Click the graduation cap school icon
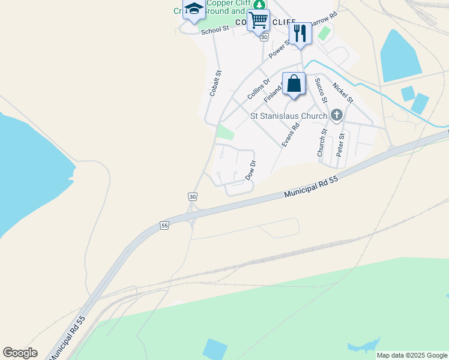click(x=194, y=10)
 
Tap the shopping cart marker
click(x=258, y=19)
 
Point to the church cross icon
click(x=336, y=115)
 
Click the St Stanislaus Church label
click(x=289, y=116)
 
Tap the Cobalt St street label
click(x=215, y=83)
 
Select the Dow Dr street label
click(x=251, y=170)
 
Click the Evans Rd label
click(x=291, y=135)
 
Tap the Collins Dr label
click(x=259, y=89)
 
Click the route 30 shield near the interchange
click(x=192, y=197)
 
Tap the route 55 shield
click(x=165, y=225)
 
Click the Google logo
click(x=20, y=353)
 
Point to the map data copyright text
click(x=412, y=355)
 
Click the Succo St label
click(x=321, y=87)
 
